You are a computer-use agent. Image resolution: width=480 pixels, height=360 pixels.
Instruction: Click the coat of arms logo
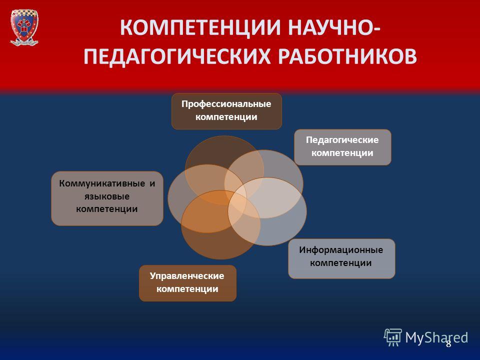pyautogui.click(x=24, y=27)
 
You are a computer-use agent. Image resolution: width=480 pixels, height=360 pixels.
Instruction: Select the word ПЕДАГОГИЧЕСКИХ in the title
pyautogui.click(x=177, y=56)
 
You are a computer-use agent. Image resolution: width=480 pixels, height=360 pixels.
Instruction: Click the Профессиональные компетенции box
pyautogui.click(x=226, y=111)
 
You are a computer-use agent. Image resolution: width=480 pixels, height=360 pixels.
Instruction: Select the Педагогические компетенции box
pyautogui.click(x=342, y=147)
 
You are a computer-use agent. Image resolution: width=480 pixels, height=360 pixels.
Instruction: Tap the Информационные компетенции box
pyautogui.click(x=341, y=258)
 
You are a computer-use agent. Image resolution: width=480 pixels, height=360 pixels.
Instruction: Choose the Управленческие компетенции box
pyautogui.click(x=187, y=283)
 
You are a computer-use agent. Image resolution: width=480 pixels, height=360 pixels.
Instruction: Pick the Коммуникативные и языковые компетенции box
pyautogui.click(x=107, y=198)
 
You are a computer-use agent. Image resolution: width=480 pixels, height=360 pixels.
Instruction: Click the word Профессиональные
pyautogui.click(x=226, y=104)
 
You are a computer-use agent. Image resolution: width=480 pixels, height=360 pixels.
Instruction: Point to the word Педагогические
pyautogui.click(x=342, y=140)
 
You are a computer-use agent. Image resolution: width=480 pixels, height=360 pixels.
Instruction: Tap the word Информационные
pyautogui.click(x=341, y=250)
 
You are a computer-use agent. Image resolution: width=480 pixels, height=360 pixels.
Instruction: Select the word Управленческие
pyautogui.click(x=187, y=276)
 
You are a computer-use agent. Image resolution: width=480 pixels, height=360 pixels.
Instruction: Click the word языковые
pyautogui.click(x=107, y=196)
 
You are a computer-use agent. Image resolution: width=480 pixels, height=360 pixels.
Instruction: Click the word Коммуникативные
pyautogui.click(x=102, y=183)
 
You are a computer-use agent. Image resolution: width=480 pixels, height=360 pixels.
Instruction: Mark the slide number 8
pyautogui.click(x=448, y=344)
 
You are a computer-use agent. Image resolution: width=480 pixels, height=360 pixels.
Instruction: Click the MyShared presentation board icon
pyautogui.click(x=393, y=337)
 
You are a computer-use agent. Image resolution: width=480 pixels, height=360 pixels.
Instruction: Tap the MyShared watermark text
pyautogui.click(x=436, y=337)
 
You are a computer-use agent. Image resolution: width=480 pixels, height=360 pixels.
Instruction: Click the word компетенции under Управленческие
pyautogui.click(x=187, y=289)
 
